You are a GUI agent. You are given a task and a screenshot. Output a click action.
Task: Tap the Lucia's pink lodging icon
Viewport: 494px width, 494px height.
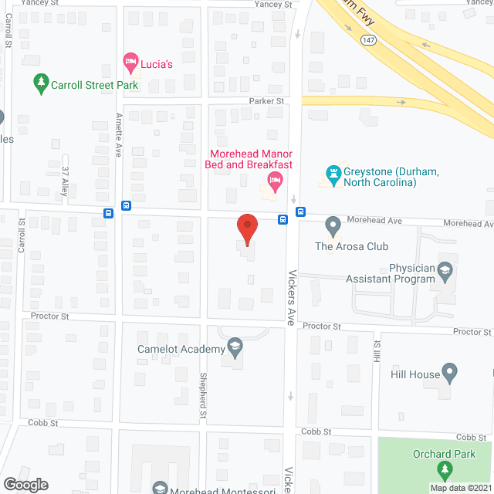pyautogui.click(x=130, y=61)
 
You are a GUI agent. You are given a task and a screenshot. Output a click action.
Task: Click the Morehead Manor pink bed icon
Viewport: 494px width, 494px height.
pyautogui.click(x=273, y=182)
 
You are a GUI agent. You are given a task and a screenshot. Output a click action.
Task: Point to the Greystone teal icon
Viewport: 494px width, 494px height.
pyautogui.click(x=333, y=176)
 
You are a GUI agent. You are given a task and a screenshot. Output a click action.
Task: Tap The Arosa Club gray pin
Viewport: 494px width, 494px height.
pyautogui.click(x=333, y=227)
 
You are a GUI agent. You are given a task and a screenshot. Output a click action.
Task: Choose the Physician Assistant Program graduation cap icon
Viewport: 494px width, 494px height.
pyautogui.click(x=445, y=271)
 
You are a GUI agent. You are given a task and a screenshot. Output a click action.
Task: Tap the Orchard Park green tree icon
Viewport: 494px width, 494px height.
pyautogui.click(x=444, y=469)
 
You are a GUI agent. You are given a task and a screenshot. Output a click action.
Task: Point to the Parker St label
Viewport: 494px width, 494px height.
pyautogui.click(x=266, y=101)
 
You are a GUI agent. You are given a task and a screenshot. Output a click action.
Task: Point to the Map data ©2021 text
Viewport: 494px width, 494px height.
pyautogui.click(x=460, y=488)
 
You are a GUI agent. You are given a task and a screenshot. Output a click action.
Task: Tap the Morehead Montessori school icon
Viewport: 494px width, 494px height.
pyautogui.click(x=160, y=487)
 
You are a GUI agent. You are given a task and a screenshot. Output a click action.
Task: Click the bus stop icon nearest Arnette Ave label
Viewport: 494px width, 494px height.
pyautogui.click(x=126, y=207)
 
